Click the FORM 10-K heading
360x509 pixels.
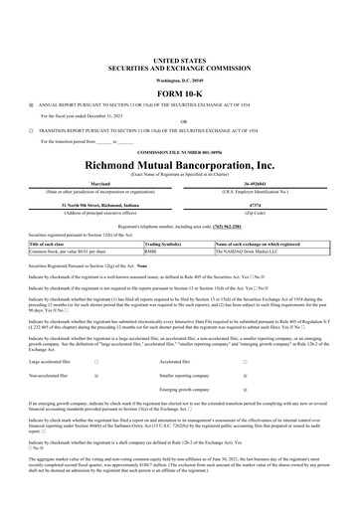[179, 87]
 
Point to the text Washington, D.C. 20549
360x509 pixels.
[179, 77]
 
